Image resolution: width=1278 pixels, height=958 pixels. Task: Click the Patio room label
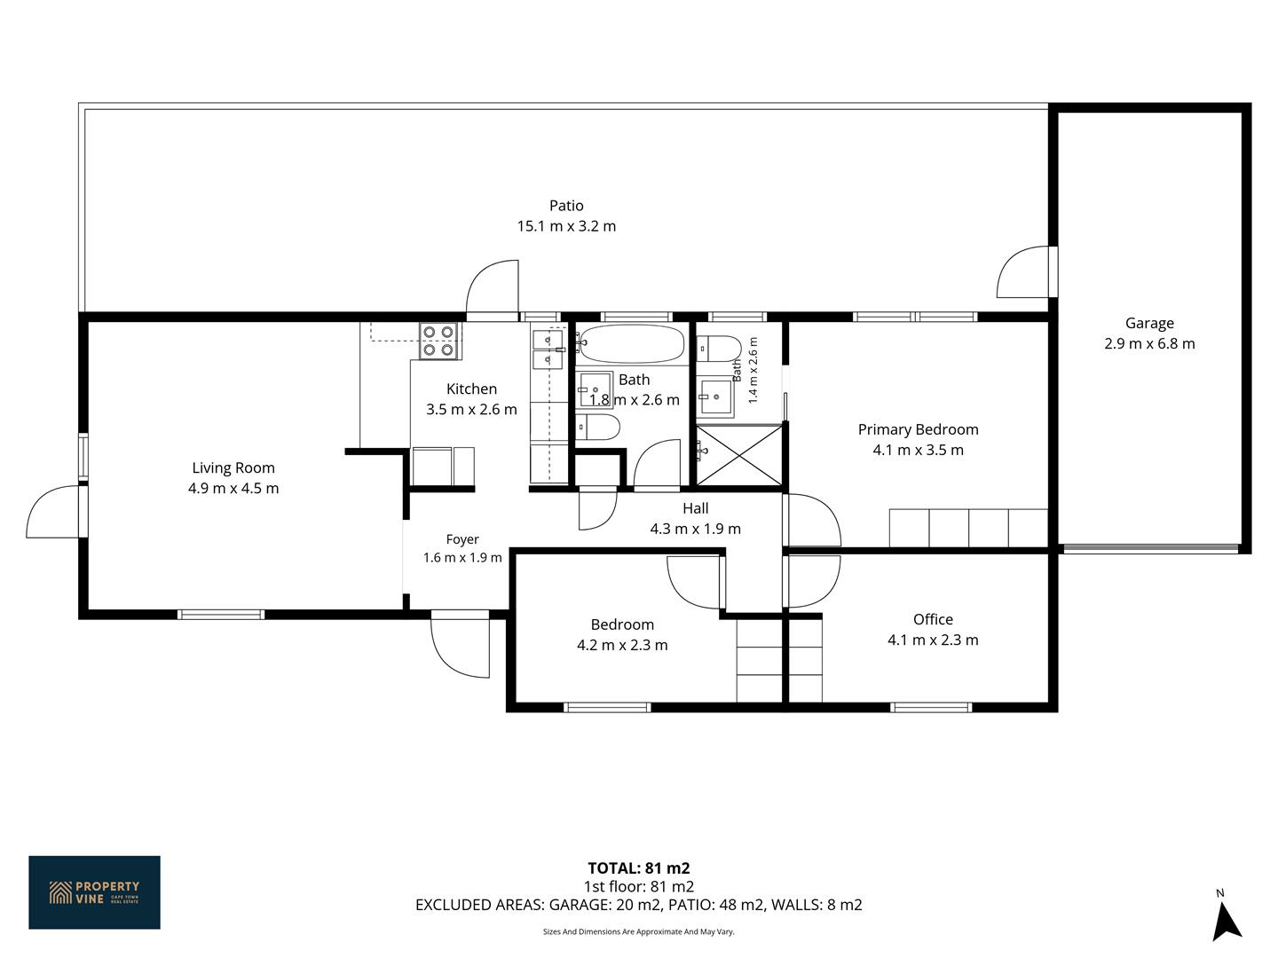click(x=566, y=205)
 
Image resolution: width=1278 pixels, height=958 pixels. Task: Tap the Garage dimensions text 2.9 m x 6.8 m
click(x=1149, y=343)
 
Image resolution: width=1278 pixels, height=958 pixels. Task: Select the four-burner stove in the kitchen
click(x=439, y=341)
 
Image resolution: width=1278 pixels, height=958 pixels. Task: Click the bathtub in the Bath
click(x=632, y=344)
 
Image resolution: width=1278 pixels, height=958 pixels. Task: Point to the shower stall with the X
click(x=739, y=455)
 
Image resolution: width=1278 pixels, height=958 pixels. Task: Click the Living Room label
click(x=233, y=467)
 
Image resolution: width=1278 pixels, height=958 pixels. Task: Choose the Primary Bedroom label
click(x=919, y=429)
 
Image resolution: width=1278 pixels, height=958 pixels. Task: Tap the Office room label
click(x=933, y=619)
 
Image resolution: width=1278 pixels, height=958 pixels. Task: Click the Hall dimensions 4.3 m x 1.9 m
click(x=695, y=529)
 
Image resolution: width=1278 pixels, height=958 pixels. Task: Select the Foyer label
click(x=462, y=540)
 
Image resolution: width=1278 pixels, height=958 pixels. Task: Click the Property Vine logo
click(x=94, y=892)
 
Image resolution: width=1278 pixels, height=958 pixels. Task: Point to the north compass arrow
click(x=1227, y=922)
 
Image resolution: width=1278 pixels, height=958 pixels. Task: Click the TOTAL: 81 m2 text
click(x=639, y=868)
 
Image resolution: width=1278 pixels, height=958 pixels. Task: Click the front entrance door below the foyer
click(x=460, y=644)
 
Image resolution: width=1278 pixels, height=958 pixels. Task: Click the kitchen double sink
click(x=548, y=349)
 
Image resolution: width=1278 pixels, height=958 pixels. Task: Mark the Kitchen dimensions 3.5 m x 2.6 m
click(x=471, y=410)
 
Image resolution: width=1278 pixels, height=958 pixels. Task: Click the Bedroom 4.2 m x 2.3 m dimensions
click(x=622, y=645)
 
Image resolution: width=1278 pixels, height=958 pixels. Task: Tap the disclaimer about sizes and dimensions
click(x=639, y=931)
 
